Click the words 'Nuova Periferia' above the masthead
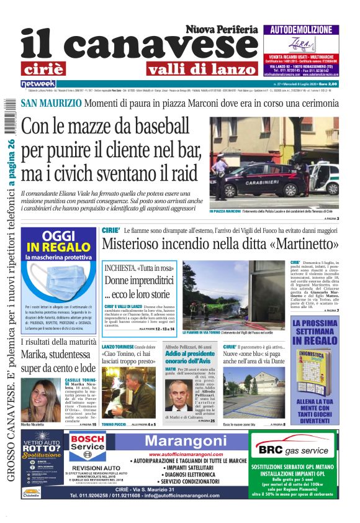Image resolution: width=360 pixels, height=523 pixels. click(221, 29)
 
